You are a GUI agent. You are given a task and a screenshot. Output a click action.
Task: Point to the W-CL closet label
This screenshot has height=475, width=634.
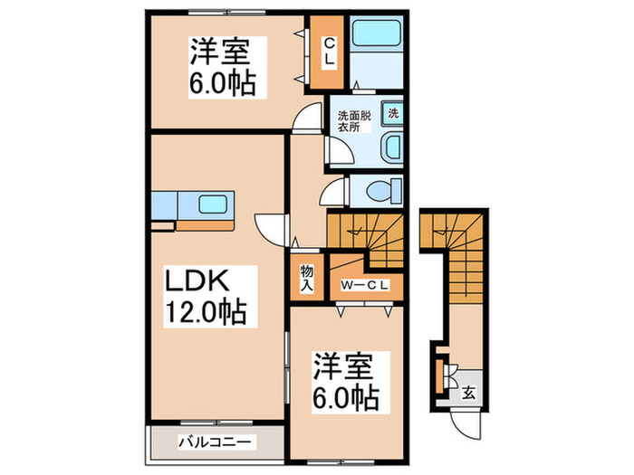365,286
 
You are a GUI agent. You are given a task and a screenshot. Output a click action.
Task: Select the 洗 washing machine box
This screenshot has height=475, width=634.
394,114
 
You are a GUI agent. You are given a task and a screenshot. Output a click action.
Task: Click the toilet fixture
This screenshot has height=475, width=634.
384,191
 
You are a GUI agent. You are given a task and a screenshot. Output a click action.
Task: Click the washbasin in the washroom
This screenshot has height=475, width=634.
392,147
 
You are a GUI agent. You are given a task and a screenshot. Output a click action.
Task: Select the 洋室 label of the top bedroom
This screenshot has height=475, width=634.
216,50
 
